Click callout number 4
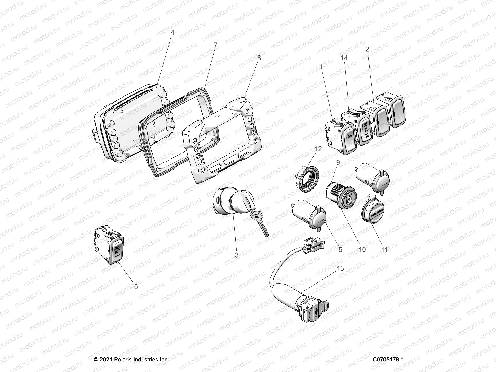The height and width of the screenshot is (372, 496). click(x=172, y=32)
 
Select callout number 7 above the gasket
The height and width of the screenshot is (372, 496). click(x=215, y=45)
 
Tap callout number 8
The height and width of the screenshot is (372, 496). click(x=259, y=58)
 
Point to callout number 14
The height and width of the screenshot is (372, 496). click(x=344, y=58)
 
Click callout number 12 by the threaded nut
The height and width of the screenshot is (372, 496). click(x=318, y=149)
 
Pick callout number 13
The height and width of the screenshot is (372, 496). click(x=340, y=268)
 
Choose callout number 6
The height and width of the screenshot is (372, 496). click(x=135, y=287)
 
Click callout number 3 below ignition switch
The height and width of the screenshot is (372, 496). click(x=237, y=255)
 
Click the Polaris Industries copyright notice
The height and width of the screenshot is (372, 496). click(x=131, y=360)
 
